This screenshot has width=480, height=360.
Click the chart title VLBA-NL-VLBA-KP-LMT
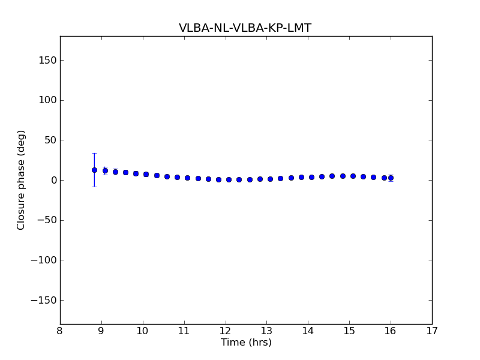[x=245, y=28]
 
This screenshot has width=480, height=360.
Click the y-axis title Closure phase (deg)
[x=22, y=180]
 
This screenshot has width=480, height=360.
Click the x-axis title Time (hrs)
[x=246, y=343]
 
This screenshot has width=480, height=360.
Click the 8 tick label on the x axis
[x=60, y=331]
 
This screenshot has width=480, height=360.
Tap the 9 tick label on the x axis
[x=101, y=331]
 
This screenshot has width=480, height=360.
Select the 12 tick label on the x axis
[x=225, y=331]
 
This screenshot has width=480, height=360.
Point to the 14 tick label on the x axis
[x=308, y=331]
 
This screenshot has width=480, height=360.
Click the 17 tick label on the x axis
[x=432, y=331]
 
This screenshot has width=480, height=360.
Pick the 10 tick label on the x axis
[x=143, y=331]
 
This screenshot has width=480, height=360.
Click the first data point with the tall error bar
[x=94, y=170]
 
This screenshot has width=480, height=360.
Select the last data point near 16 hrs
[x=391, y=178]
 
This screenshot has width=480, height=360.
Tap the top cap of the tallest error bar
[x=94, y=154]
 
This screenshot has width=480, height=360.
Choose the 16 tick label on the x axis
[x=391, y=331]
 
